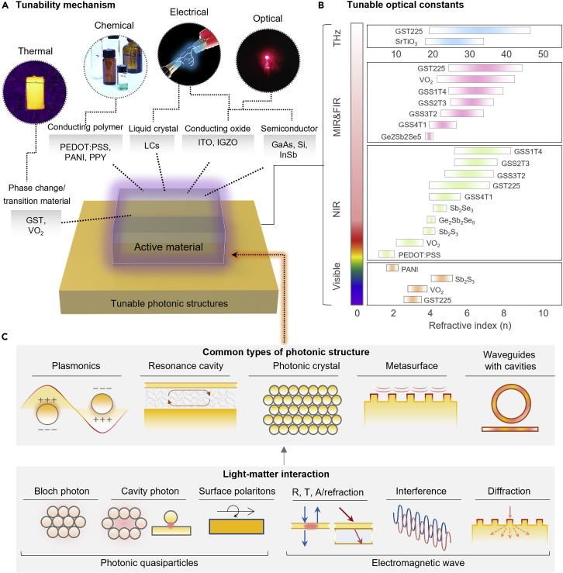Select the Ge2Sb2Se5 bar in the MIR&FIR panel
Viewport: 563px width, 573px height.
(429, 136)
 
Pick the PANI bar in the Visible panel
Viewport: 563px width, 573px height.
(392, 268)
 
